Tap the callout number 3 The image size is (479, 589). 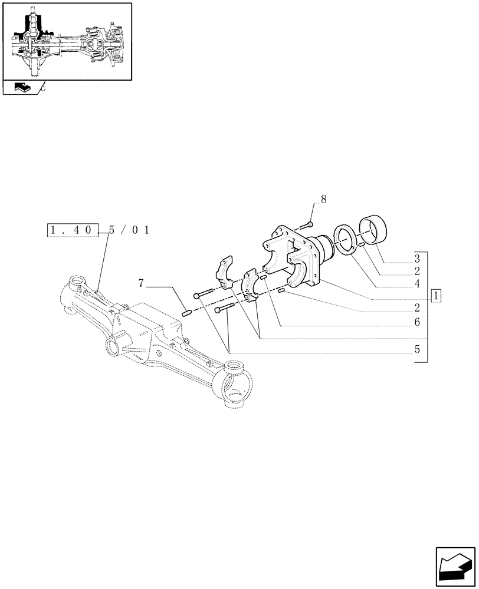(416, 258)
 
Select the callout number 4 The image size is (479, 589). (416, 283)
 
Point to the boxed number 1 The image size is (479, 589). (436, 296)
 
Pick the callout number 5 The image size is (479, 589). (416, 349)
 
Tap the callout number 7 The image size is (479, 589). (141, 284)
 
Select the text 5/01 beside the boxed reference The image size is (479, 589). (129, 230)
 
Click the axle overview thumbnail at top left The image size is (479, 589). (66, 41)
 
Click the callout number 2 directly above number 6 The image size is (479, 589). (416, 308)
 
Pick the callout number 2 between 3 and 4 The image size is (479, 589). (416, 271)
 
